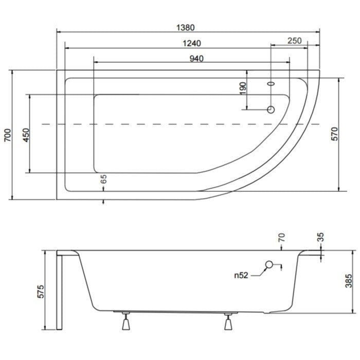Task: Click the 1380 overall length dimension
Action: [185, 28]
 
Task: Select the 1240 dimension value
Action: [192, 43]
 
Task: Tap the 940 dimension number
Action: [196, 59]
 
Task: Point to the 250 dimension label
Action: [295, 41]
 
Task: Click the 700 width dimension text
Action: [8, 135]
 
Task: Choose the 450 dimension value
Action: [26, 135]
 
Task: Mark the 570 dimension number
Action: [335, 134]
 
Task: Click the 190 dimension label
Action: [243, 88]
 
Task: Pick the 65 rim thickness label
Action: [104, 179]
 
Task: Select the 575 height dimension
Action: [41, 292]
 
